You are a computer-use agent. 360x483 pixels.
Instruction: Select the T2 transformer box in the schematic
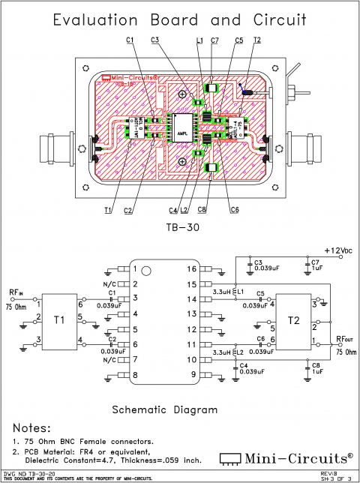click(293, 321)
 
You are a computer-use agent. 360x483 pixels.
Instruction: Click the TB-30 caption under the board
click(179, 225)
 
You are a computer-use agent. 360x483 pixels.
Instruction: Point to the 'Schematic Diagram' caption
click(164, 409)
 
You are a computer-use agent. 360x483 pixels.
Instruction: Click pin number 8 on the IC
click(135, 374)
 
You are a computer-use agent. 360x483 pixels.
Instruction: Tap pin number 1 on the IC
click(135, 268)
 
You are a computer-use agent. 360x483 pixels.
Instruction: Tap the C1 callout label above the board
click(130, 40)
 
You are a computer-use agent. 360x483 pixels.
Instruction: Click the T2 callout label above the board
click(257, 40)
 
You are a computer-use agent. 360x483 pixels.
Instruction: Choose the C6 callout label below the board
click(235, 209)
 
